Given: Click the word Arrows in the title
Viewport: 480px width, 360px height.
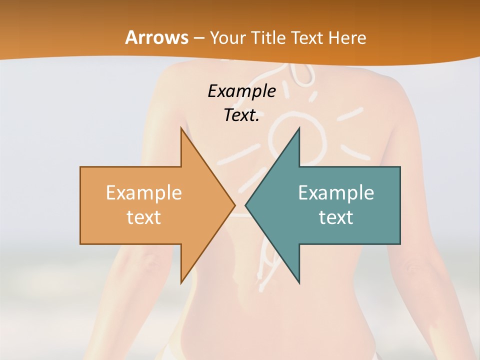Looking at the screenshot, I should [x=156, y=37].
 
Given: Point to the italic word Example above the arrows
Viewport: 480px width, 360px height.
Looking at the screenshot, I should [x=241, y=91].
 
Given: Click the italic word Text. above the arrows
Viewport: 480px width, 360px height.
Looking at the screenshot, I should [x=241, y=115].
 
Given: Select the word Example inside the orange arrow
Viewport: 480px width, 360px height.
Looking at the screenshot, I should [x=144, y=193].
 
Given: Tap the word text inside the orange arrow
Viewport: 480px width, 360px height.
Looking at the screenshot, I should [x=144, y=217].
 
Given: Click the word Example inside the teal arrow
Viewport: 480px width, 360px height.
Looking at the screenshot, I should [x=336, y=193].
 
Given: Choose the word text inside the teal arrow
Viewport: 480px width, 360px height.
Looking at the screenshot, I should [x=336, y=217].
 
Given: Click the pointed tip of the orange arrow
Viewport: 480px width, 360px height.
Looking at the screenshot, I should [x=235, y=205].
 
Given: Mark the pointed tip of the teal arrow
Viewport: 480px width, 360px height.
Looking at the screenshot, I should [x=245, y=205].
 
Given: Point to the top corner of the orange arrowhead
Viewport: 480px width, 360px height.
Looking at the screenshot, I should [x=181, y=128].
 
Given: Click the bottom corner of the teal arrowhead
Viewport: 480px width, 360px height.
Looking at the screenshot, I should [x=299, y=283].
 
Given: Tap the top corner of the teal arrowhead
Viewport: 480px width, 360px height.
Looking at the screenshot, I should [x=299, y=128].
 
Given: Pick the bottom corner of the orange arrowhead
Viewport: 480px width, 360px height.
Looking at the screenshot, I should [x=181, y=283].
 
